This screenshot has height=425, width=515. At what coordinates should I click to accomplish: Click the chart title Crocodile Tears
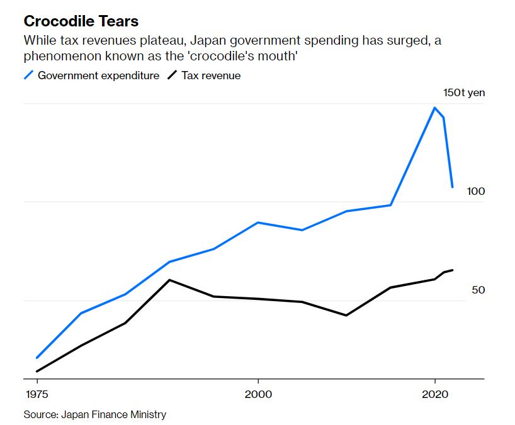pyautogui.click(x=81, y=21)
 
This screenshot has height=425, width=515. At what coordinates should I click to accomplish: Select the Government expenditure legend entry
pyautogui.click(x=98, y=75)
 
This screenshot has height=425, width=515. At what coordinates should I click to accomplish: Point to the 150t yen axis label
pyautogui.click(x=464, y=92)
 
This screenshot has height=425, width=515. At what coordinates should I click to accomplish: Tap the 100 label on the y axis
pyautogui.click(x=476, y=191)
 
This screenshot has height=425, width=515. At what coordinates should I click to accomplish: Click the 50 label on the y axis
pyautogui.click(x=478, y=290)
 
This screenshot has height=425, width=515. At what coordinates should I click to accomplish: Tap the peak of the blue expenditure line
pyautogui.click(x=434, y=108)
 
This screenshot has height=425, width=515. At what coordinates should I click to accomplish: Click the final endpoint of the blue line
pyautogui.click(x=452, y=187)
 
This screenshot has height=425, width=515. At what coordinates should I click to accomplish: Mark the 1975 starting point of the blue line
pyautogui.click(x=37, y=358)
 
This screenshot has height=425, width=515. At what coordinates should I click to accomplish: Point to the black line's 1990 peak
pyautogui.click(x=169, y=280)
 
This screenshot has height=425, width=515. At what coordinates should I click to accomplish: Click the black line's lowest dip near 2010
pyautogui.click(x=346, y=315)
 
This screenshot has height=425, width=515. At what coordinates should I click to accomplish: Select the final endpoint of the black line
pyautogui.click(x=453, y=270)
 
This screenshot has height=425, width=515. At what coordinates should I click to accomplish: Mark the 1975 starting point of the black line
pyautogui.click(x=37, y=372)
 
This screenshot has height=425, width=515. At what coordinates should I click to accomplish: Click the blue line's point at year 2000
pyautogui.click(x=258, y=223)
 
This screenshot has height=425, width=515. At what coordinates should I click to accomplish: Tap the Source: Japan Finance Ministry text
pyautogui.click(x=95, y=414)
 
